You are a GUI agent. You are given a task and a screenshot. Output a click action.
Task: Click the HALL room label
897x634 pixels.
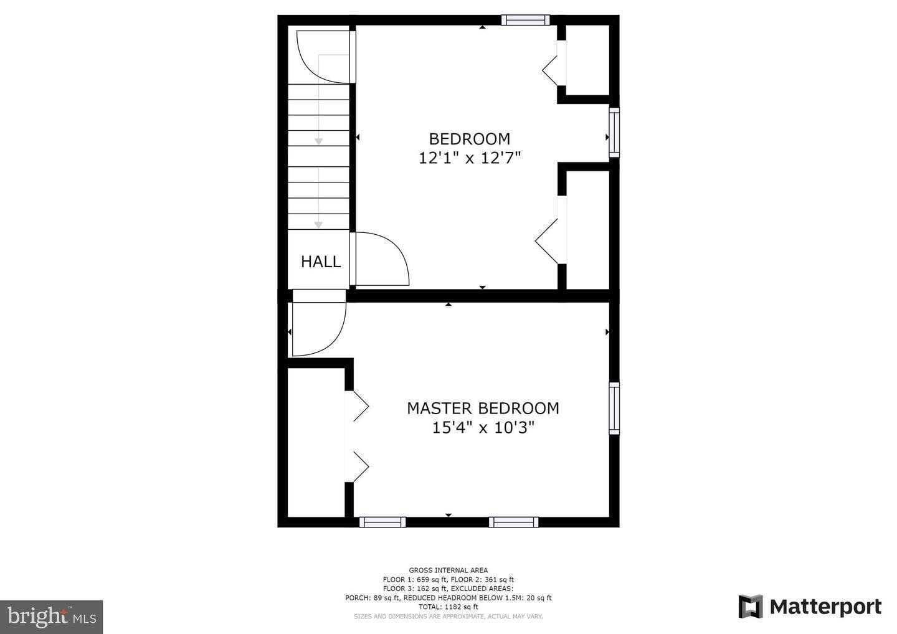pos(321,262)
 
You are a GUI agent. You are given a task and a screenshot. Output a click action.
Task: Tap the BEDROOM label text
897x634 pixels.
pos(469,138)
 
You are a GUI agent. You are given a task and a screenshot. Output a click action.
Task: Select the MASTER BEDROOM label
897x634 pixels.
pos(483,408)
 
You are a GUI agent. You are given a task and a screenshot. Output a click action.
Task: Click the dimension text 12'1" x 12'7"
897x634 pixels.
pos(469,158)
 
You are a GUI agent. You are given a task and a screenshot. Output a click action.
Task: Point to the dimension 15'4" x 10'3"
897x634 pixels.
pos(483,428)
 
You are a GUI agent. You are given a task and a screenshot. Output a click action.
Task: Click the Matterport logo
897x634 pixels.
pos(810,607)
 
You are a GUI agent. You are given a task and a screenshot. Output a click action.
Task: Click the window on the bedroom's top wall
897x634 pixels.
pos(526,20)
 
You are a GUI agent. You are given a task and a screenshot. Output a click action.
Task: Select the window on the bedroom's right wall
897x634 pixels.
pos(614,132)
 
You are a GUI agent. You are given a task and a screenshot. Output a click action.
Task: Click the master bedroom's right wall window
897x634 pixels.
pos(614,408)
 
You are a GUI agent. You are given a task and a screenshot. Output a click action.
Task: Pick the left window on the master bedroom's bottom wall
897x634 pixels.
pos(382,522)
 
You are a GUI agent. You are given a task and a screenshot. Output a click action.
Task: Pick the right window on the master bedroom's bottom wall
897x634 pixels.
pos(513,522)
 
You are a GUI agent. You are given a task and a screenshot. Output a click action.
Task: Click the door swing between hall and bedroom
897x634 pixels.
pos(380,258)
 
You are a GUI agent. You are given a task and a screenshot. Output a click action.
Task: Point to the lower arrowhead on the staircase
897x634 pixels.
pos(318,225)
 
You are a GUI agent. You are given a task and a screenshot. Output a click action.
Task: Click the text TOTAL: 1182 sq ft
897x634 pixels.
pos(448,607)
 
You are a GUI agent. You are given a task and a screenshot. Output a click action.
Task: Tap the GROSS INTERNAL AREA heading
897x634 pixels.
pos(448,570)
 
